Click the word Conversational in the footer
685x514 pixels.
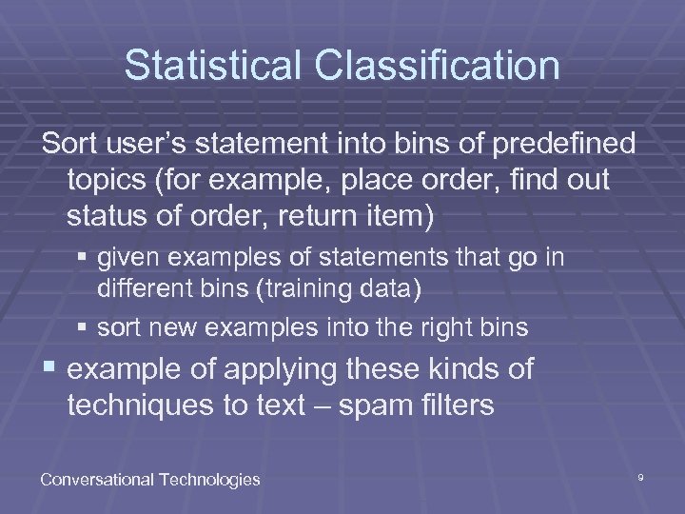click(x=98, y=479)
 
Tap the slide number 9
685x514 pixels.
click(x=640, y=476)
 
